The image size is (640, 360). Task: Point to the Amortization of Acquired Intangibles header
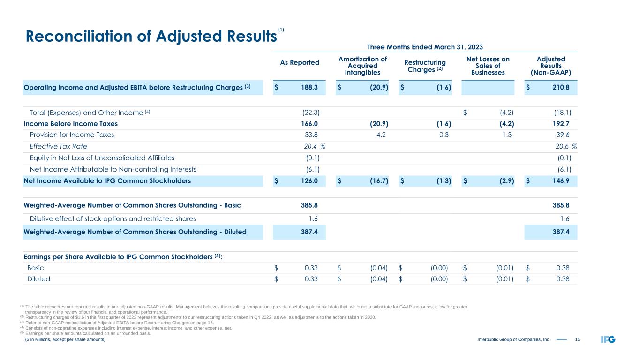(x=362, y=66)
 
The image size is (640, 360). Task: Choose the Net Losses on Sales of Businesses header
(x=488, y=66)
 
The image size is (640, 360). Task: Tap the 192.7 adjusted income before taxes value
(x=562, y=124)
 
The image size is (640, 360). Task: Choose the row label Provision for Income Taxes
(x=72, y=135)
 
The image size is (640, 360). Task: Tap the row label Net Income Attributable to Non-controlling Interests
(x=113, y=169)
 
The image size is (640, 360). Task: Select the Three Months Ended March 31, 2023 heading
(x=425, y=47)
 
